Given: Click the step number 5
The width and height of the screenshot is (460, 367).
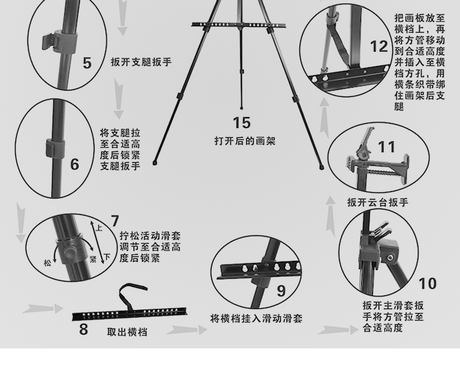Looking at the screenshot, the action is pos(87,63).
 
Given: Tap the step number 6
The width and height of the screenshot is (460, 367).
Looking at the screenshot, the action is pos(75,164).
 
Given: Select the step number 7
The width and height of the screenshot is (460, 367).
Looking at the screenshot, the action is pos(115,221).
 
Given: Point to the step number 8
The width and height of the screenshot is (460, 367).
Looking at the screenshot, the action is pos(84,329).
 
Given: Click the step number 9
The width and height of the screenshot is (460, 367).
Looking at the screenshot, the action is pos(281,291).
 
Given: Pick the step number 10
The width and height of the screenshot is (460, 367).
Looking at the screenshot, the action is pos(427,284).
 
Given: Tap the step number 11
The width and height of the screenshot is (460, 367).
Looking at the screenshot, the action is pos(387,147).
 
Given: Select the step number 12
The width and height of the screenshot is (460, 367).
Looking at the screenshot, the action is pos(379,47).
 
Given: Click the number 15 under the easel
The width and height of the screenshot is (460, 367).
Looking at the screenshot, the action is pos(242,123).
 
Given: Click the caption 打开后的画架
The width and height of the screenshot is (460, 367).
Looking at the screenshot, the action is pos(245,141).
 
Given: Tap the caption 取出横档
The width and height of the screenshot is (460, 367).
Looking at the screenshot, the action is pos(127,332).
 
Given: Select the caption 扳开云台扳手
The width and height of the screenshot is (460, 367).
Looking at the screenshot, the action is pos(378,202).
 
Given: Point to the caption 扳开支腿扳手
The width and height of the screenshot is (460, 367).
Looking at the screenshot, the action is pos(141,62).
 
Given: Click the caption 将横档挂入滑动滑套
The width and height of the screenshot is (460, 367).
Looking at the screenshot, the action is pos(256,319).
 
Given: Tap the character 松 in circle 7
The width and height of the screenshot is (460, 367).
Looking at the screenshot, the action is pos(47,262).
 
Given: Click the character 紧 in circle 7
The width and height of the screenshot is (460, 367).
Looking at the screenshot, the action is pos(93,259).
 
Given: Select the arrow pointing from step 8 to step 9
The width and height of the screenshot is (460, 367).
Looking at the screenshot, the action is pos(187,330).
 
